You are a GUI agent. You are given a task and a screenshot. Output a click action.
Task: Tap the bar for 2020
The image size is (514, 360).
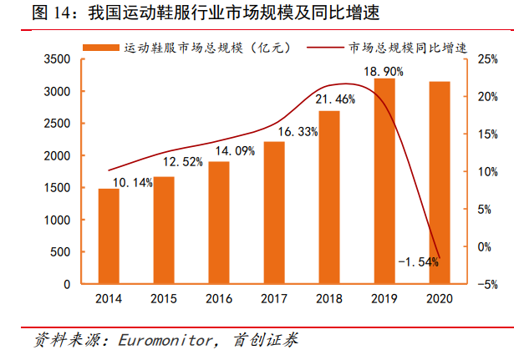(x=440, y=183)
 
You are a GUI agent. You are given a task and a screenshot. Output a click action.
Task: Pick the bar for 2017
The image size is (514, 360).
(x=274, y=213)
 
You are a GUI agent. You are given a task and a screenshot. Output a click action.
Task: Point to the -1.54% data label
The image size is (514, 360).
(x=419, y=262)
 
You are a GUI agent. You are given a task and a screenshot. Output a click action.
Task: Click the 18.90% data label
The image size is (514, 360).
(x=384, y=72)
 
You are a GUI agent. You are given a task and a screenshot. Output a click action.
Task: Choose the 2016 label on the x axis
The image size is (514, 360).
(x=219, y=298)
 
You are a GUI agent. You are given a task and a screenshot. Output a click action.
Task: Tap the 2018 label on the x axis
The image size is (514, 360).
(x=329, y=298)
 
